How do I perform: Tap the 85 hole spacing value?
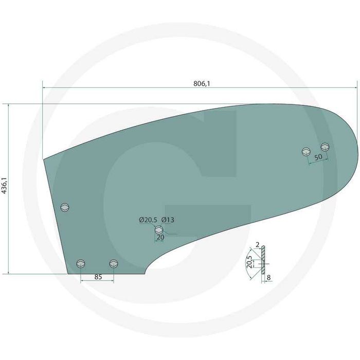(98, 277)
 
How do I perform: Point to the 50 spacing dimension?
(318, 156)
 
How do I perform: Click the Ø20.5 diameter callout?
(148, 220)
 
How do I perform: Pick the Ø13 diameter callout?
(168, 220)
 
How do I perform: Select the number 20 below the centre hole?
(159, 238)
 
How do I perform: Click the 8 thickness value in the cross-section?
(269, 277)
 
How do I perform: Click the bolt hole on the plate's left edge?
(64, 207)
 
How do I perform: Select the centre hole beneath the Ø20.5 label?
(159, 229)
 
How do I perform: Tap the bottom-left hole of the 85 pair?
(81, 264)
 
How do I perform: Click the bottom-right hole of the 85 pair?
(114, 264)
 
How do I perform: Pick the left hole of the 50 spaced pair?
(307, 151)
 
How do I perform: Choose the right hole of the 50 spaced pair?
(325, 147)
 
